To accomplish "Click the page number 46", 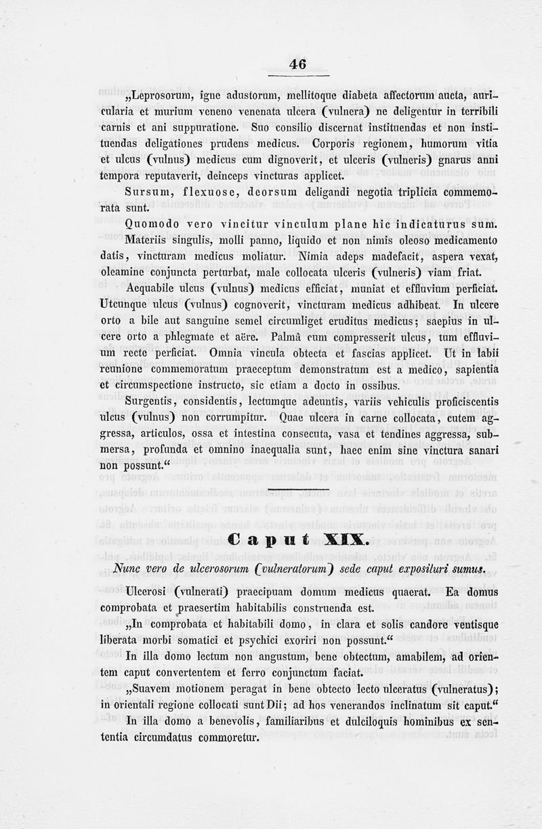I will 297,64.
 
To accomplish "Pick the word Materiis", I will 148,240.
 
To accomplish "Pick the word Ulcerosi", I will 148,592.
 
